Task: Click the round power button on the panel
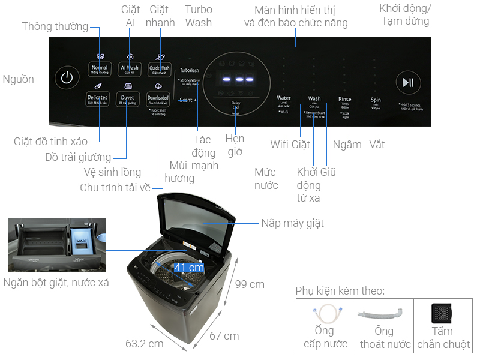[x=67, y=78]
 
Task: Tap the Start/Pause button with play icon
[x=408, y=83]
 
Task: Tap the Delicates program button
[x=97, y=99]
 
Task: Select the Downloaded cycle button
[x=158, y=99]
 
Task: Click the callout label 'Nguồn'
[x=18, y=79]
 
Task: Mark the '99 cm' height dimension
[x=250, y=284]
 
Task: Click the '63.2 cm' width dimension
[x=144, y=344]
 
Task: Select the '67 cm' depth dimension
[x=224, y=336]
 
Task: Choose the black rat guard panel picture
[x=442, y=314]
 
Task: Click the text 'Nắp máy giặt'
[x=292, y=223]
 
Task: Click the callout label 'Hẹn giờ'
[x=235, y=145]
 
